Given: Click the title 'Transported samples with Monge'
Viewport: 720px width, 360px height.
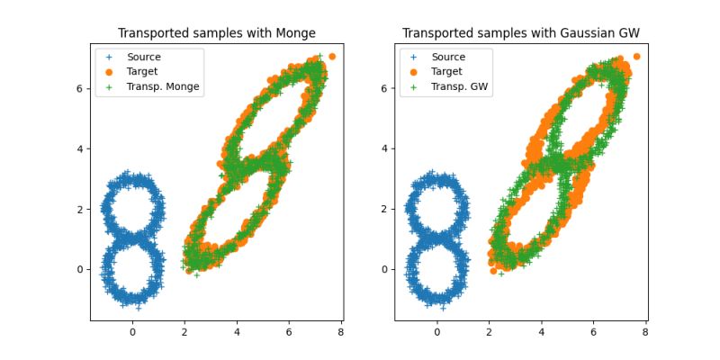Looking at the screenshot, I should tap(216, 33).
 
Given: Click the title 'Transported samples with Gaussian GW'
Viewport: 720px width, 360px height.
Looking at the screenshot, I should tap(520, 33).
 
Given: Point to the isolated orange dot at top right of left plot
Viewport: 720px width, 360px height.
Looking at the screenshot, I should tap(332, 57).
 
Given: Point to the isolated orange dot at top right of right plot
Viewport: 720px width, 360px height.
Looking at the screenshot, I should tap(636, 57).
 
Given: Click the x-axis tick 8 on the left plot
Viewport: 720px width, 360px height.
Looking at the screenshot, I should tap(341, 332).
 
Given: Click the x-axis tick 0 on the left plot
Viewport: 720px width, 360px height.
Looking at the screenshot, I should tap(132, 332).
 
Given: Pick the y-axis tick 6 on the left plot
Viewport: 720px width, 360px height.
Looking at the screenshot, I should tap(80, 88).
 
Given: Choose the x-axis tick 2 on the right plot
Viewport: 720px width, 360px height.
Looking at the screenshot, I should tap(489, 332).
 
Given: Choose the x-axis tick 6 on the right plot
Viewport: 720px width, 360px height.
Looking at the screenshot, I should tap(593, 332).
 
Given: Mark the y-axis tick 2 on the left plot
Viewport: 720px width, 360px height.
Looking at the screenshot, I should tap(80, 209).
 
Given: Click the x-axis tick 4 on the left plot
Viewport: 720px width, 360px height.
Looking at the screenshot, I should tap(237, 332).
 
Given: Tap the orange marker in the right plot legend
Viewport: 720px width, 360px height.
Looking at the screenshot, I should tap(414, 71).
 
